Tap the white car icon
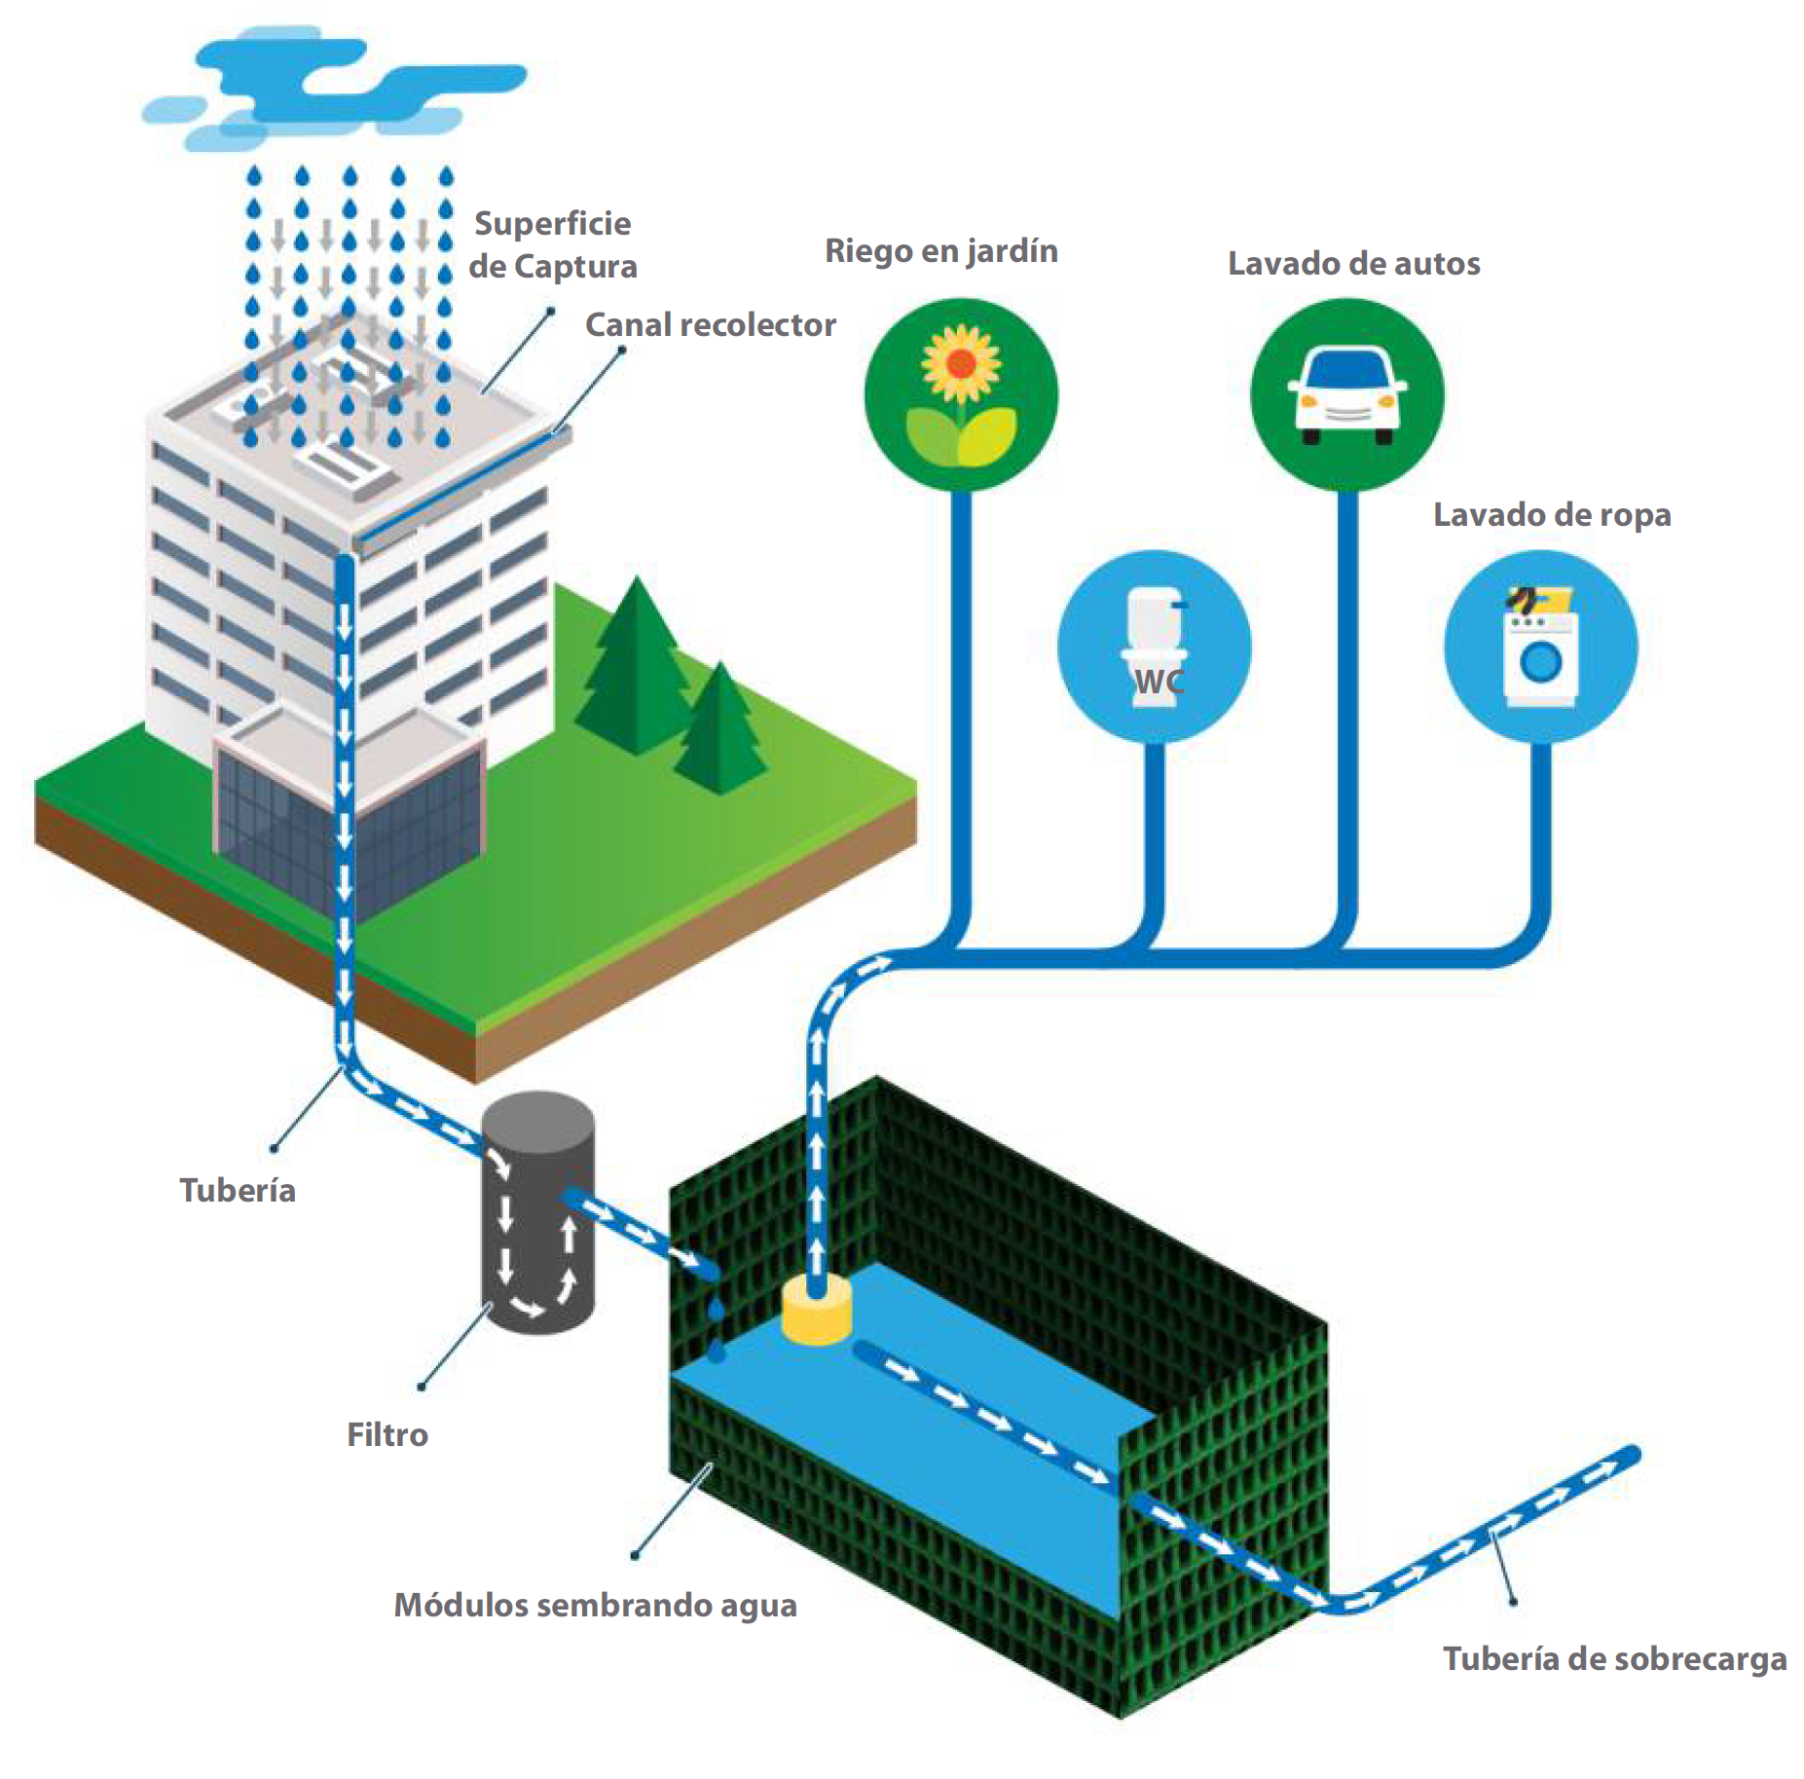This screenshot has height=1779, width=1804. pyautogui.click(x=1347, y=394)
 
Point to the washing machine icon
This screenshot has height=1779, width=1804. pyautogui.click(x=1540, y=648)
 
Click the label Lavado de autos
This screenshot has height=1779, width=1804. pyautogui.click(x=1353, y=264)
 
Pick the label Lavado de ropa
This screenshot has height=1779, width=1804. pyautogui.click(x=1552, y=515)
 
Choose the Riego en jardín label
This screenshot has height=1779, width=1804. pyautogui.click(x=940, y=251)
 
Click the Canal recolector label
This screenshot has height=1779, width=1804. pyautogui.click(x=710, y=325)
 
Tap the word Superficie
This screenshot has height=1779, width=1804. pyautogui.click(x=552, y=224)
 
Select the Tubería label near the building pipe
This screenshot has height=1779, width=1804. pyautogui.click(x=238, y=1190)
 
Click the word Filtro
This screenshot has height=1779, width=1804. pyautogui.click(x=387, y=1434)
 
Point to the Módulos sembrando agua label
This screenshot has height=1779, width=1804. pyautogui.click(x=595, y=1605)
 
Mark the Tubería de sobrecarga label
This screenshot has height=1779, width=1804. pyautogui.click(x=1614, y=1658)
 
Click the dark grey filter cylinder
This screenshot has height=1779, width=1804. pyautogui.click(x=538, y=1212)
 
